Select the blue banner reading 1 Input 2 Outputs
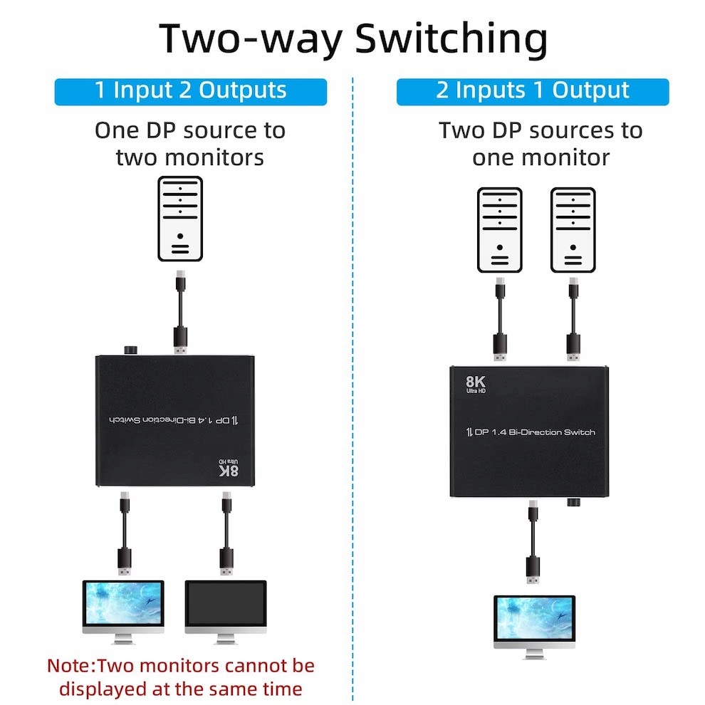coord(190,91)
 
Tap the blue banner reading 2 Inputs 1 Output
coord(533,91)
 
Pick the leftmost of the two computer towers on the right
coord(499,230)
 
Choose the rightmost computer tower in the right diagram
coord(573,230)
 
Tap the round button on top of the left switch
coord(132,350)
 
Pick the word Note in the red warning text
coord(70,667)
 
